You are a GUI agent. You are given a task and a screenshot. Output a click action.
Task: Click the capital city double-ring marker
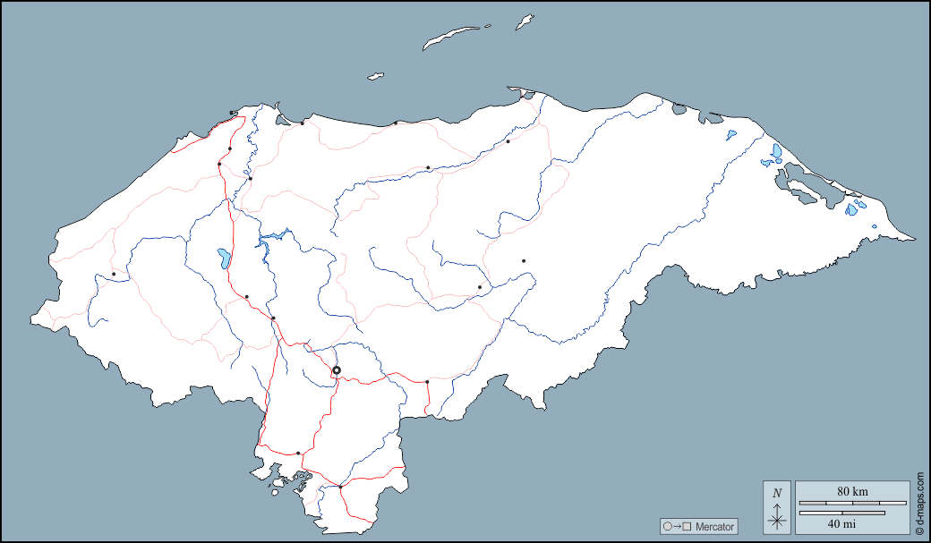[x=337, y=370]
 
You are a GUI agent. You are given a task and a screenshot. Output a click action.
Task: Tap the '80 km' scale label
[x=852, y=491]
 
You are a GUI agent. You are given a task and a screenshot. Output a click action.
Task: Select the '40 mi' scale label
[x=841, y=523]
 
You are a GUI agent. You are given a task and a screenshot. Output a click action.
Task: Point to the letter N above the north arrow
[x=777, y=492]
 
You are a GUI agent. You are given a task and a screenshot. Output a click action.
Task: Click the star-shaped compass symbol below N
[x=777, y=519]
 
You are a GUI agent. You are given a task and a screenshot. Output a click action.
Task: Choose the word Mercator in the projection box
[x=714, y=527]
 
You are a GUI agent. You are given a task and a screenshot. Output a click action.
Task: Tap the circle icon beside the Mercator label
[x=667, y=527]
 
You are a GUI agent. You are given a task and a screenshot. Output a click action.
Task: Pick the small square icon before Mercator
[x=687, y=527]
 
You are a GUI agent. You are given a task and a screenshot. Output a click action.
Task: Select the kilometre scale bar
[x=852, y=504]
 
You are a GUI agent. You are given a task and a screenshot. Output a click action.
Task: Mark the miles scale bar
[x=841, y=513]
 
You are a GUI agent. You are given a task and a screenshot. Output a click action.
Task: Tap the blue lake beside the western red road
[x=221, y=259]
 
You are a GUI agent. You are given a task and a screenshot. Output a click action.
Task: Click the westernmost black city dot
[x=114, y=274]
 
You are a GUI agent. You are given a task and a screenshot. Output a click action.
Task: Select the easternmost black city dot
[x=524, y=260]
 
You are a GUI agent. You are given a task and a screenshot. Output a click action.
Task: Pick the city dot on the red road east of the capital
[x=427, y=382]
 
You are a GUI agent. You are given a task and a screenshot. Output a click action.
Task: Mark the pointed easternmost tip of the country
[x=914, y=239]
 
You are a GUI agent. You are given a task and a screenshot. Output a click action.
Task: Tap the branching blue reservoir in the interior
[x=272, y=239]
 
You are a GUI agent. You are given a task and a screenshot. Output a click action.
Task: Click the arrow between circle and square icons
[x=677, y=527]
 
